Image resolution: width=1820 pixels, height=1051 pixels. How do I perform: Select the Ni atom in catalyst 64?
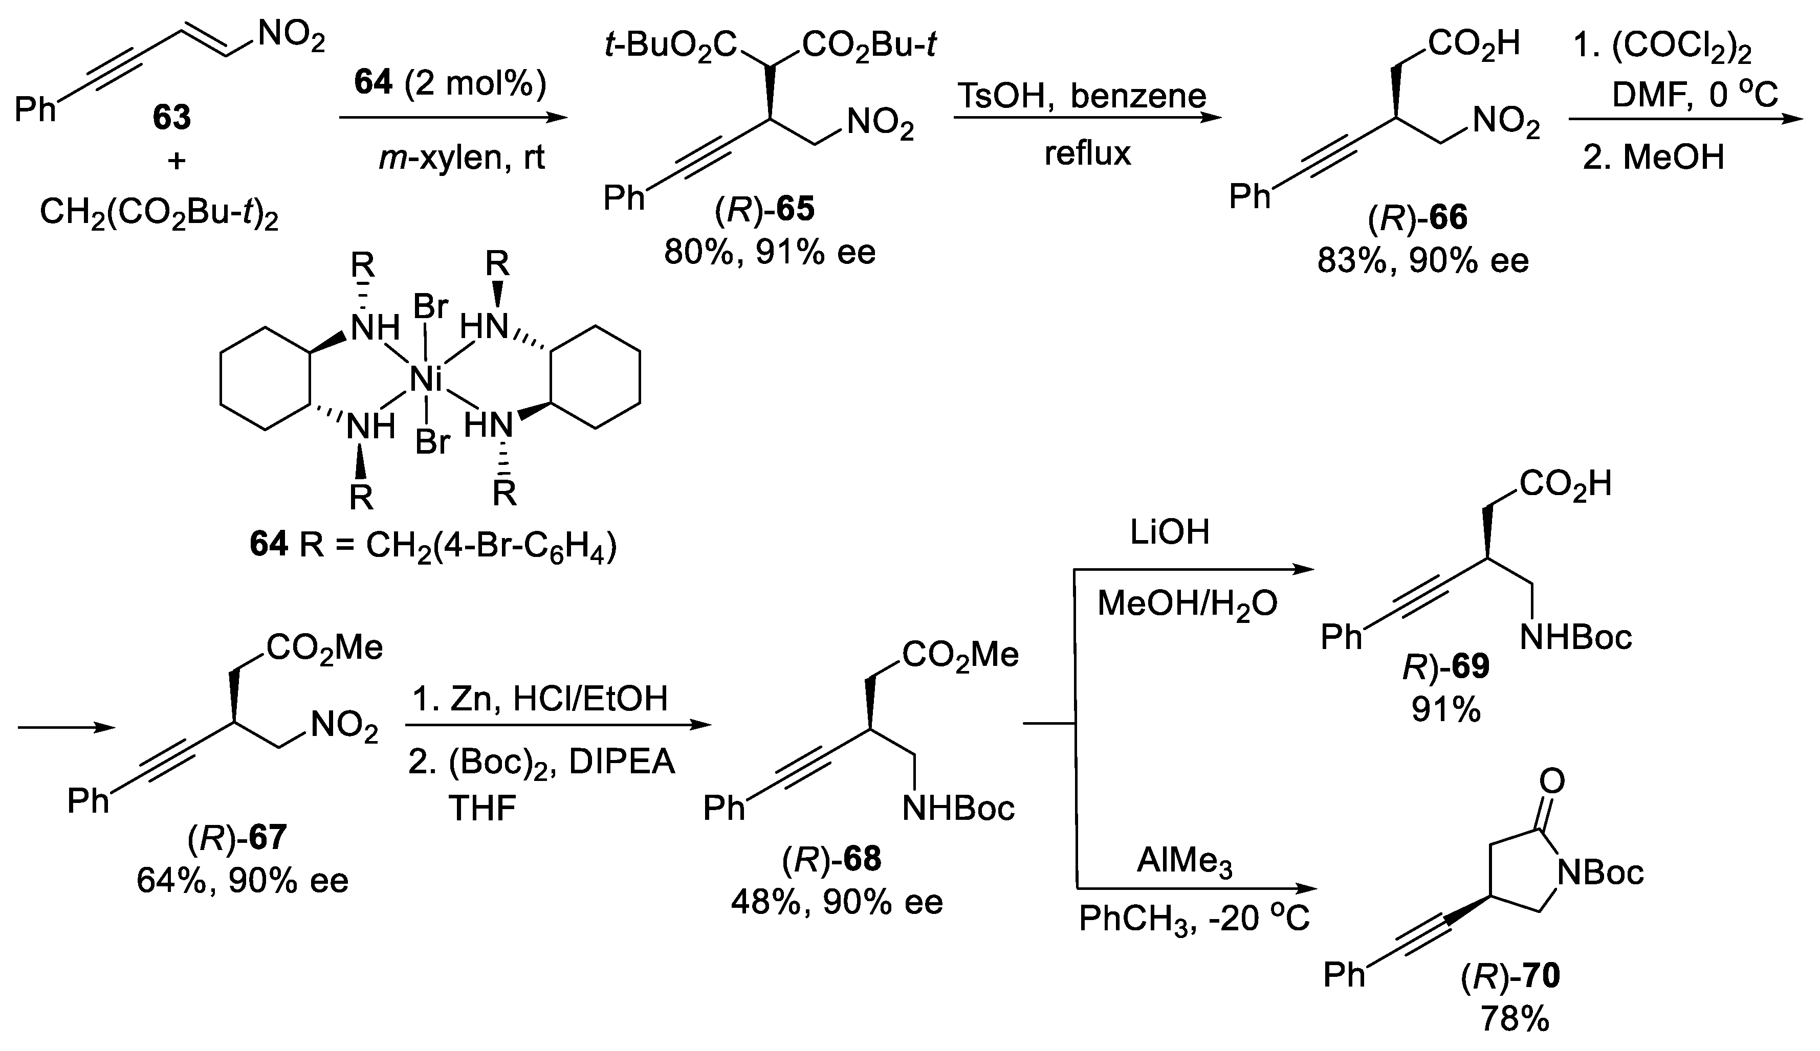(425, 379)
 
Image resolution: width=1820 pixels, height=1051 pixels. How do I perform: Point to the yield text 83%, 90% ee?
(1422, 261)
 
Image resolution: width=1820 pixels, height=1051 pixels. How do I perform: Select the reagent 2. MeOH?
(1653, 156)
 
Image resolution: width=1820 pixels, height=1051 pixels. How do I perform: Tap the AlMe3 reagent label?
(1184, 862)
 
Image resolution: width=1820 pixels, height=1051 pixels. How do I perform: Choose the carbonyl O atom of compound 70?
(1552, 780)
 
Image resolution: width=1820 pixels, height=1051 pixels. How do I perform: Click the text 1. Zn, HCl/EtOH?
(540, 699)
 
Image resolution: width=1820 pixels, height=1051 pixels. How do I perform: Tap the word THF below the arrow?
(481, 809)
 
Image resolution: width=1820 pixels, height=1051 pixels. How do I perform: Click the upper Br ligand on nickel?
(430, 308)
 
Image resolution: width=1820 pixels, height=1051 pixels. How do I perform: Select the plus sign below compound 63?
(176, 160)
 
